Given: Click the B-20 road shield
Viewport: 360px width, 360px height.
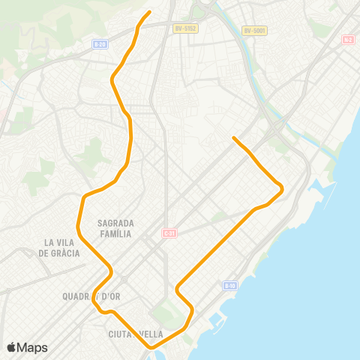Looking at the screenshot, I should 100,44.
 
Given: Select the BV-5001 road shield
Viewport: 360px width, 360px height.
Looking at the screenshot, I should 255,31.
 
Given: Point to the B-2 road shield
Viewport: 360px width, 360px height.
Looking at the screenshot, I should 347,39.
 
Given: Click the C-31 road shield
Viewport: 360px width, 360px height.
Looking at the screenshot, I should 169,233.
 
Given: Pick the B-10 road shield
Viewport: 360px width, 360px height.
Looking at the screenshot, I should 230,286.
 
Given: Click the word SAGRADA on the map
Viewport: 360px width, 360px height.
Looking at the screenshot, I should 115,223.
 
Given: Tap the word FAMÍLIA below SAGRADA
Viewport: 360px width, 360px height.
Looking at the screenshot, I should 115,234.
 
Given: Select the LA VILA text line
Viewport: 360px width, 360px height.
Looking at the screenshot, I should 61,242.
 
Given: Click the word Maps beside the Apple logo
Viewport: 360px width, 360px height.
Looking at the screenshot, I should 33,347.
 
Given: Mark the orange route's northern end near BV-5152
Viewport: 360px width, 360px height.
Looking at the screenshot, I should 150,12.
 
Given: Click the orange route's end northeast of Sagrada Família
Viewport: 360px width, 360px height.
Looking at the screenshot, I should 234,138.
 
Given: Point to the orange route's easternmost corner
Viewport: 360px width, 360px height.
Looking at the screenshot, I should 282,189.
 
